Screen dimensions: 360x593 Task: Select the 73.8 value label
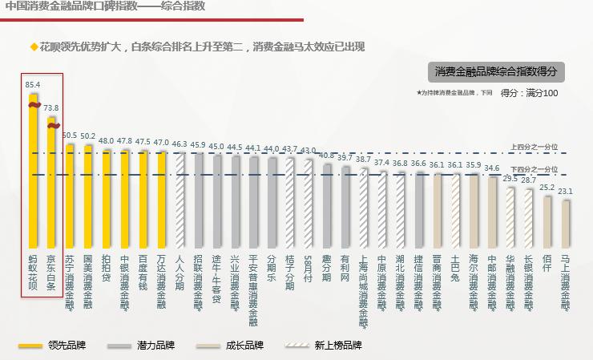tap(51, 107)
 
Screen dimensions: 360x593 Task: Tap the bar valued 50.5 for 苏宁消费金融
tap(70, 192)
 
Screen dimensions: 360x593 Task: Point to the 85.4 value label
tap(33, 83)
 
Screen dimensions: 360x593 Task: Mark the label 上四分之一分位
tap(535, 147)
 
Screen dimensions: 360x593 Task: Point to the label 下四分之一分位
tap(535, 169)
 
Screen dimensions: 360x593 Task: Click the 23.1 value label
tap(565, 192)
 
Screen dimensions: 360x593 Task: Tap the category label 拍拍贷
tap(106, 265)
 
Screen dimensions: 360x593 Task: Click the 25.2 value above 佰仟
tap(547, 187)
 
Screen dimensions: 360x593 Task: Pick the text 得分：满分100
tap(529, 94)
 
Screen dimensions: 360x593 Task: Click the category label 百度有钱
tap(143, 269)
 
